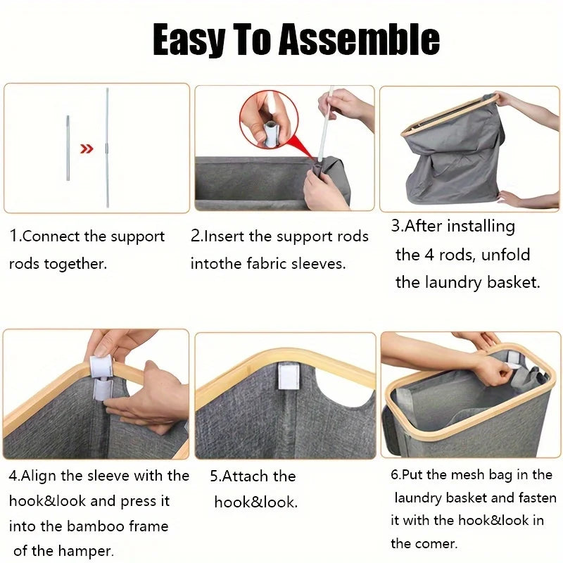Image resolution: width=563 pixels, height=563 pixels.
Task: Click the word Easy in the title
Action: (x=189, y=40)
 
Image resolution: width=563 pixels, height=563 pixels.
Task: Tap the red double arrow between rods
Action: (x=86, y=148)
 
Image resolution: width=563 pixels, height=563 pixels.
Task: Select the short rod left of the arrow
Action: (x=68, y=148)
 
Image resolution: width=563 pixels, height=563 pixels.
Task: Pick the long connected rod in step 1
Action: (x=107, y=148)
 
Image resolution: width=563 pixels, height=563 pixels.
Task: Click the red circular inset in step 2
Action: (x=269, y=120)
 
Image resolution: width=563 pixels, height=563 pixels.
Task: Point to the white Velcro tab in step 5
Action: (x=288, y=376)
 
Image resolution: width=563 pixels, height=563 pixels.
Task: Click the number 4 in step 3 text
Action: (x=429, y=255)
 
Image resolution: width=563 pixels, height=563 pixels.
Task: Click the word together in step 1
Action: (x=75, y=265)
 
